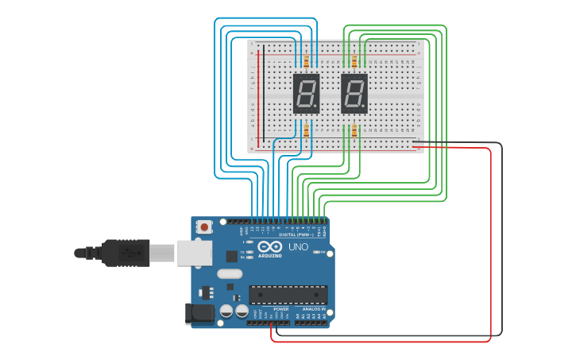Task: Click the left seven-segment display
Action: click(306, 93)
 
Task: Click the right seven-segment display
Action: click(354, 93)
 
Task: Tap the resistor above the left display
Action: click(306, 60)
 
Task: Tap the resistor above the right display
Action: click(354, 60)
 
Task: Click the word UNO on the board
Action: click(298, 247)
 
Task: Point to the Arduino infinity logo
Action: click(270, 246)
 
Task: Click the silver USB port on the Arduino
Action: click(194, 253)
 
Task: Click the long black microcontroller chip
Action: click(288, 295)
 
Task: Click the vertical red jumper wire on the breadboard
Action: click(257, 95)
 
